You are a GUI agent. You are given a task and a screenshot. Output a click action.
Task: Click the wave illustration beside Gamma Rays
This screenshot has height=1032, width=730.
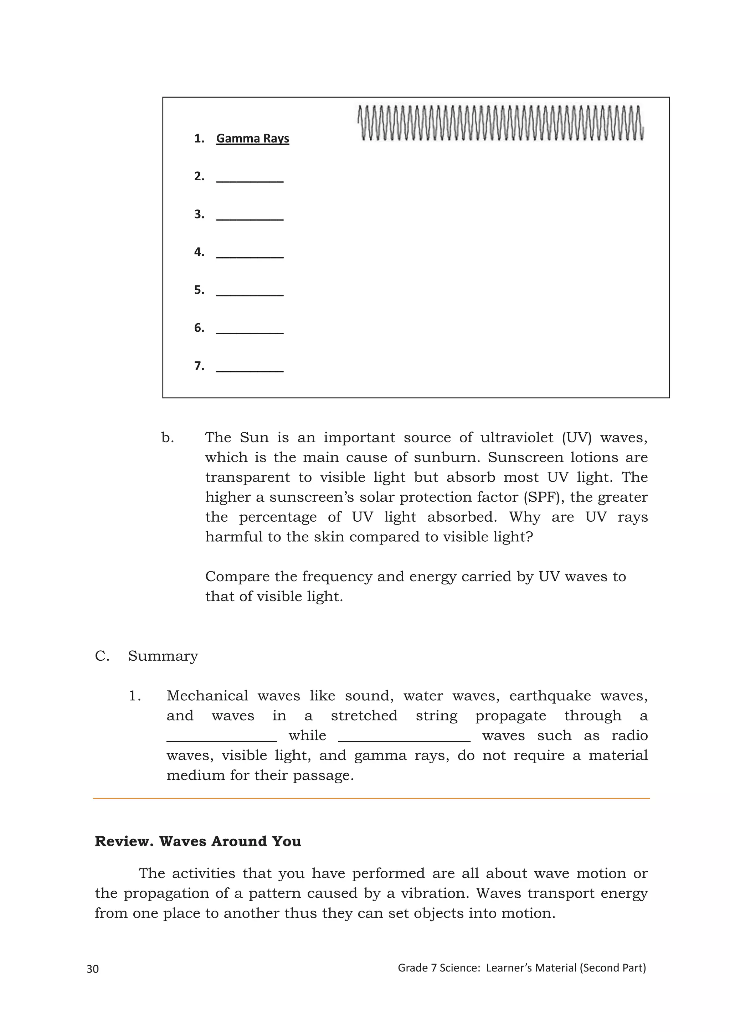click(x=500, y=123)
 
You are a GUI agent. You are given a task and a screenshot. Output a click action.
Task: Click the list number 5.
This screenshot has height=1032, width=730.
click(x=199, y=290)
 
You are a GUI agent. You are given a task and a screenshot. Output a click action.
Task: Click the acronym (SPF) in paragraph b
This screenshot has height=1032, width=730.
click(x=543, y=497)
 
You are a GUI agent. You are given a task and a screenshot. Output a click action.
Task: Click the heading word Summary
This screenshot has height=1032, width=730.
click(x=163, y=656)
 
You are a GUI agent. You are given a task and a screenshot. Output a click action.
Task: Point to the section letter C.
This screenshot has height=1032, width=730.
click(x=102, y=656)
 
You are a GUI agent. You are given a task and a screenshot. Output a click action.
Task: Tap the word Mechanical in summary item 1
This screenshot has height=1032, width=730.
click(x=207, y=696)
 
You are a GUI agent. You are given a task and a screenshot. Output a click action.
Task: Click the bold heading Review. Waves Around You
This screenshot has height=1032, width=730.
click(x=198, y=841)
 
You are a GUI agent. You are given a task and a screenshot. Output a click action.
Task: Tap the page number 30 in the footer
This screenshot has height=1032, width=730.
click(x=93, y=969)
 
